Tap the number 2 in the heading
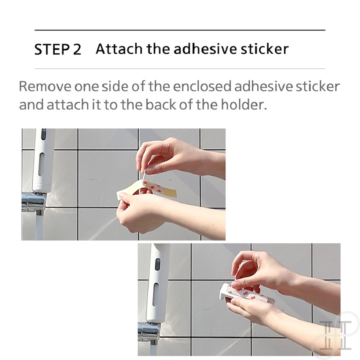(77, 49)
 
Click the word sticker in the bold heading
(264, 49)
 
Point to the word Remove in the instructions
(45, 86)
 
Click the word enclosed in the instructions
(202, 86)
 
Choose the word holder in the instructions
(244, 104)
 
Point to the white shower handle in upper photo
(43, 161)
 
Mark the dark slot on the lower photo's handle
(158, 264)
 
